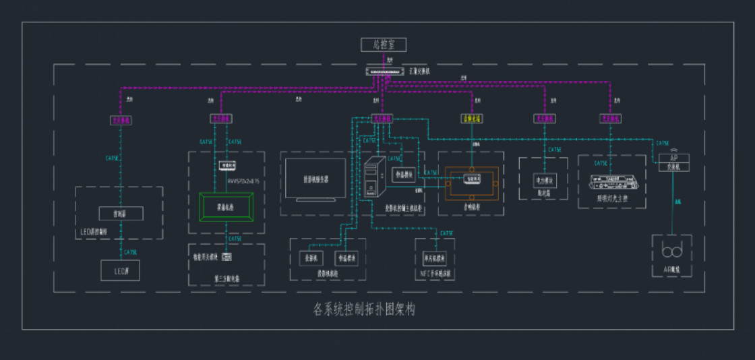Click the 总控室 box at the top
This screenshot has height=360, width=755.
(381, 45)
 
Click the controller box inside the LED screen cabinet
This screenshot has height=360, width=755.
(121, 213)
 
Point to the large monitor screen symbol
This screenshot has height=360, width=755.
(316, 179)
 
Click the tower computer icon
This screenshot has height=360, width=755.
(373, 177)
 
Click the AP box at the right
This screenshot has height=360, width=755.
(673, 162)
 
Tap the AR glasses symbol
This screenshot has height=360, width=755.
(672, 251)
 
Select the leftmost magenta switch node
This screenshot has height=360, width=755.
(121, 120)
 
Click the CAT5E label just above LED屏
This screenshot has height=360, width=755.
(130, 252)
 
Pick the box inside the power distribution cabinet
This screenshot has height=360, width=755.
(544, 181)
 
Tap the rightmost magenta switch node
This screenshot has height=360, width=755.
(611, 119)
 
